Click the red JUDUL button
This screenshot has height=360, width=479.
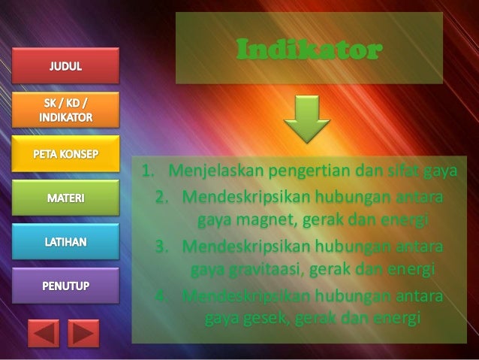(67, 66)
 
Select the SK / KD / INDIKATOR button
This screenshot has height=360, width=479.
(67, 110)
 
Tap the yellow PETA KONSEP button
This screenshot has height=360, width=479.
(67, 154)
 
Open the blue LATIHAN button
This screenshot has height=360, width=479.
(67, 243)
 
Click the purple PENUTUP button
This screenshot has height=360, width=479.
(67, 287)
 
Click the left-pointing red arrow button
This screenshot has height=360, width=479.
(44, 332)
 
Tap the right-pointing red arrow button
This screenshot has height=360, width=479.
(83, 332)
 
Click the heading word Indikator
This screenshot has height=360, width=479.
(309, 50)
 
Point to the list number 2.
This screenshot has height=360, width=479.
(161, 198)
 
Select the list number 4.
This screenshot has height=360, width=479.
(161, 294)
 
